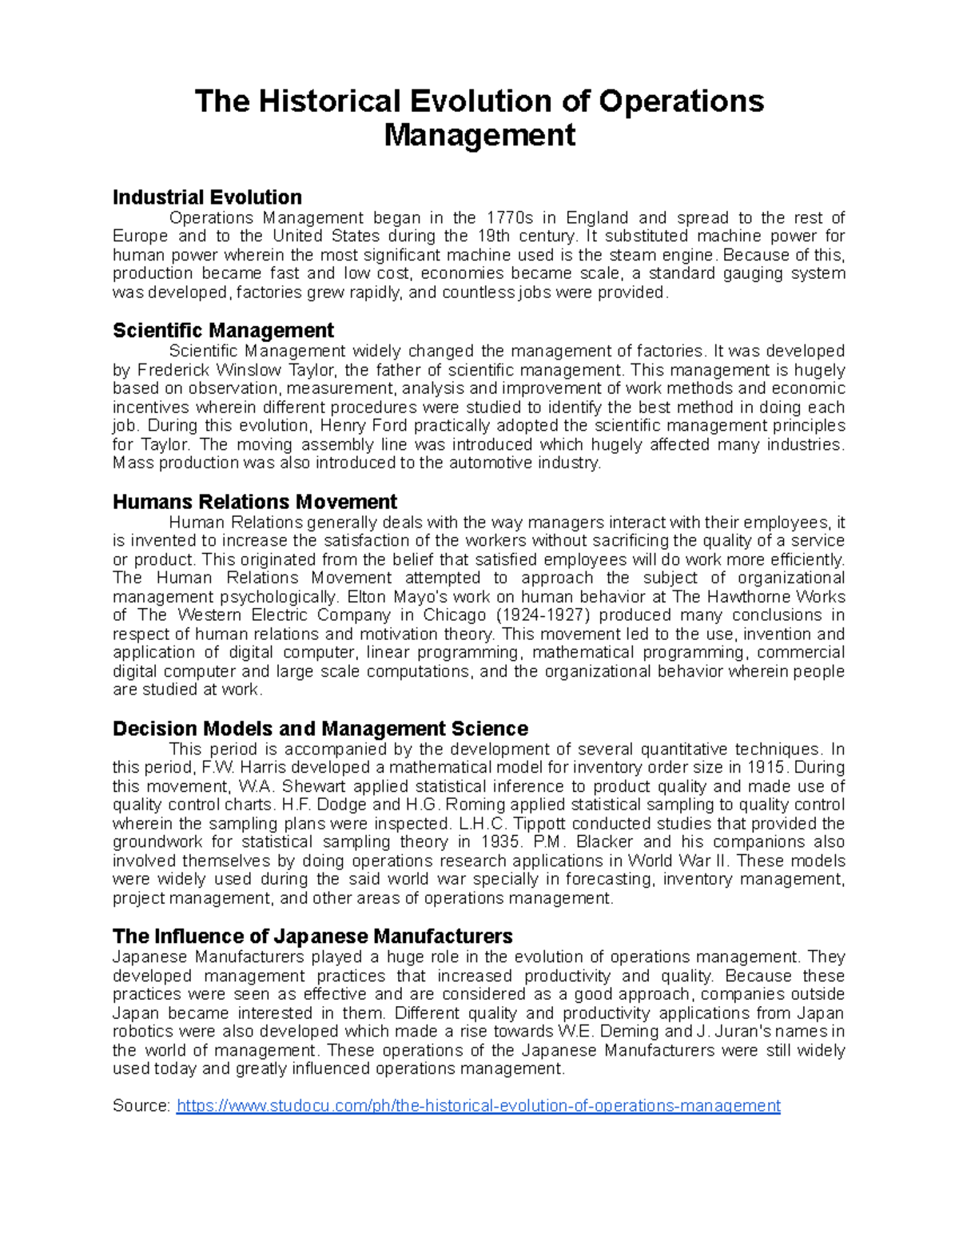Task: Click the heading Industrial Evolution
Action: coord(207,197)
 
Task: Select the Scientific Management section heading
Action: coord(223,330)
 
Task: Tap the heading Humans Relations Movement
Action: coord(254,502)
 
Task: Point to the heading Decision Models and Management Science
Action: coord(320,729)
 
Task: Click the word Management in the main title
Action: coord(479,135)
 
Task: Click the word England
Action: coord(597,218)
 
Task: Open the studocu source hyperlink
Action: coord(478,1106)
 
